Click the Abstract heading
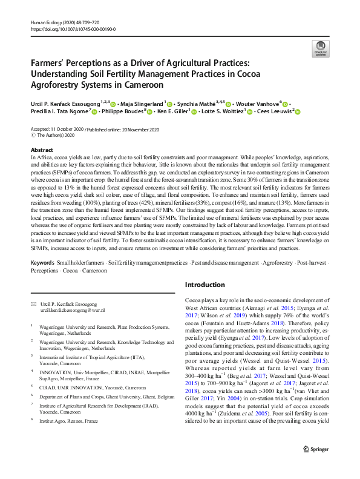point(41,150)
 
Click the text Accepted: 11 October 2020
point(56,130)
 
